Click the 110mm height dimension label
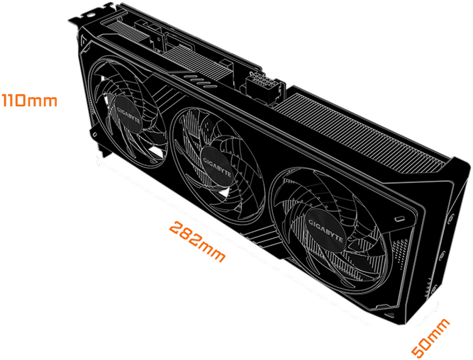[29, 101]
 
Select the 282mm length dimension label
[197, 241]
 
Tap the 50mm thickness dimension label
[430, 338]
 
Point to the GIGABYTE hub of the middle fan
[217, 167]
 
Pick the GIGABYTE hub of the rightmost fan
[325, 230]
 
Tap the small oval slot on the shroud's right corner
[401, 218]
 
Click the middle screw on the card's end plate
[443, 255]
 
